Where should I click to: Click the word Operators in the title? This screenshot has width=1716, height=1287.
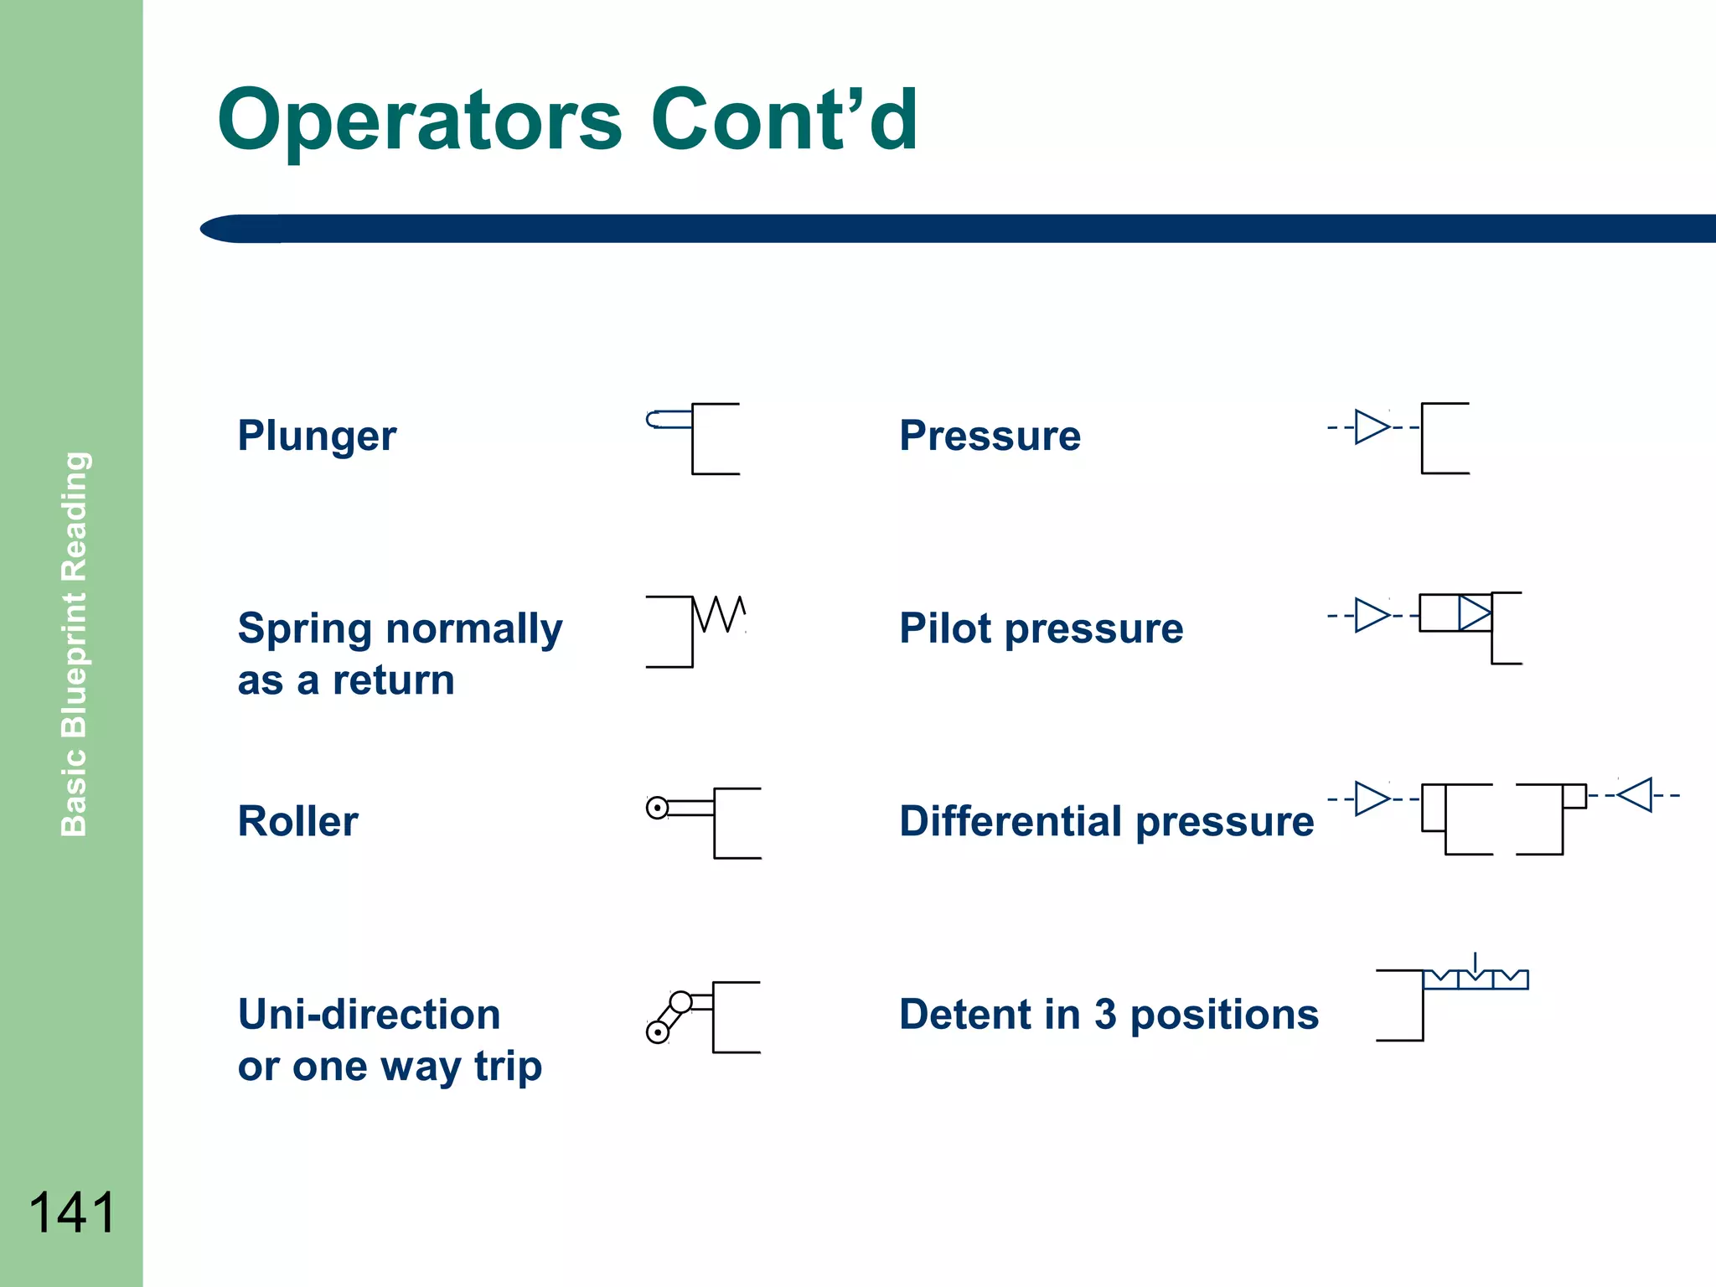click(x=419, y=121)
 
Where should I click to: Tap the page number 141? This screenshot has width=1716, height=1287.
click(x=71, y=1212)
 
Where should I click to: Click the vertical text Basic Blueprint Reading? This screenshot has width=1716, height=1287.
click(x=75, y=643)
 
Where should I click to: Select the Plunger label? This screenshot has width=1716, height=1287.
click(x=316, y=436)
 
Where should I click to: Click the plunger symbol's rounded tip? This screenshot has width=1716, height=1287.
click(x=653, y=419)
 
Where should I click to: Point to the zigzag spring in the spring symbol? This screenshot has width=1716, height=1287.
click(x=720, y=613)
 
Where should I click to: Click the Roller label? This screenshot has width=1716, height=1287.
click(x=297, y=821)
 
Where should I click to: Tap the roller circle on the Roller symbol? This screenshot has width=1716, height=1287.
click(x=658, y=808)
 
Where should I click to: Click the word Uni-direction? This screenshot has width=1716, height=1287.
click(x=369, y=1014)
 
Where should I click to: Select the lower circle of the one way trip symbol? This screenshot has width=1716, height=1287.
click(x=658, y=1032)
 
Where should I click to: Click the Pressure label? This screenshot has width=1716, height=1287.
click(x=990, y=436)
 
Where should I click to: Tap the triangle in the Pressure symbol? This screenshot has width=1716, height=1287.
click(x=1371, y=427)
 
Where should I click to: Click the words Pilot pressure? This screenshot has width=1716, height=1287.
click(x=1041, y=628)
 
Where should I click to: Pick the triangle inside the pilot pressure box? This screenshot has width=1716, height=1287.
click(x=1474, y=612)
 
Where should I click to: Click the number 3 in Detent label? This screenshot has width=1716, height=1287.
click(x=1105, y=1015)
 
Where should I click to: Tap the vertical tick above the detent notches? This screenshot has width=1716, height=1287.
click(x=1476, y=962)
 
